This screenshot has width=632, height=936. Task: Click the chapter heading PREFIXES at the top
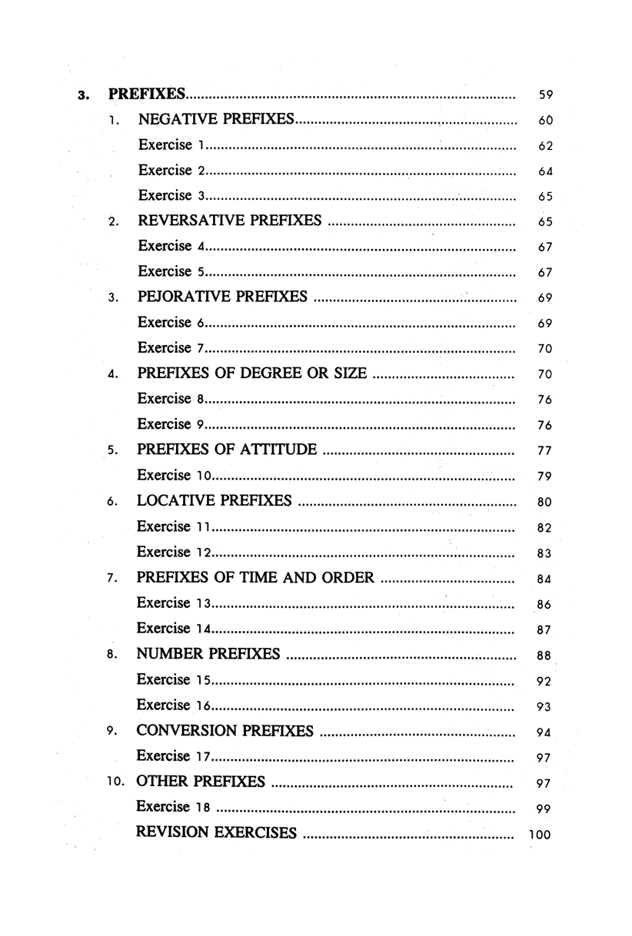(x=147, y=95)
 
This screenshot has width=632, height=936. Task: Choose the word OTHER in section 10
(x=161, y=782)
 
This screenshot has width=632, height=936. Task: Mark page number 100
(x=541, y=835)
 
